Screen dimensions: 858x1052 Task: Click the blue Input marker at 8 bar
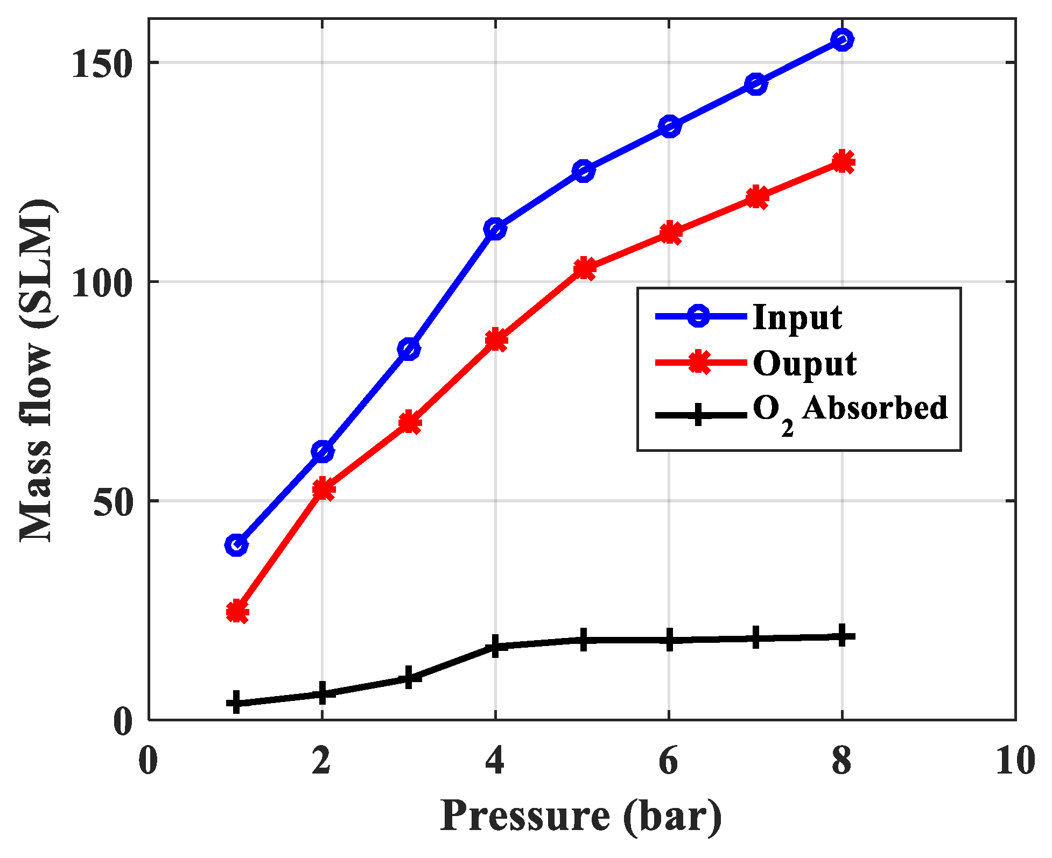[x=841, y=40]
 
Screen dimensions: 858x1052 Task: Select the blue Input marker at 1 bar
[x=236, y=545]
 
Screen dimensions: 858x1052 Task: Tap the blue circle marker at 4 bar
[x=495, y=229]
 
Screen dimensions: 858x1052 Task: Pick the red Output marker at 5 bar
[x=584, y=268]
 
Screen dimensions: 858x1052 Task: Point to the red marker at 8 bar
[x=843, y=162]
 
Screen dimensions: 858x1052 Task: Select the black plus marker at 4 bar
[x=495, y=646]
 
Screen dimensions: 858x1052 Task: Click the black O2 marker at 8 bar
[x=842, y=636]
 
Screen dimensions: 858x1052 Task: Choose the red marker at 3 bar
[x=410, y=422]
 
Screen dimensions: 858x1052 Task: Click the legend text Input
[x=797, y=317]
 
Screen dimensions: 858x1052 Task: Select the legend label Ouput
[x=804, y=364]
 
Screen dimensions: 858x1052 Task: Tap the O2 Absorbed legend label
[x=850, y=410]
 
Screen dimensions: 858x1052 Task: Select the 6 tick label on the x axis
[x=668, y=761]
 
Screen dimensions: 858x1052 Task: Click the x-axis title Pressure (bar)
[x=581, y=817]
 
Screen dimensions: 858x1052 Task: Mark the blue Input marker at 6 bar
[x=669, y=126]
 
